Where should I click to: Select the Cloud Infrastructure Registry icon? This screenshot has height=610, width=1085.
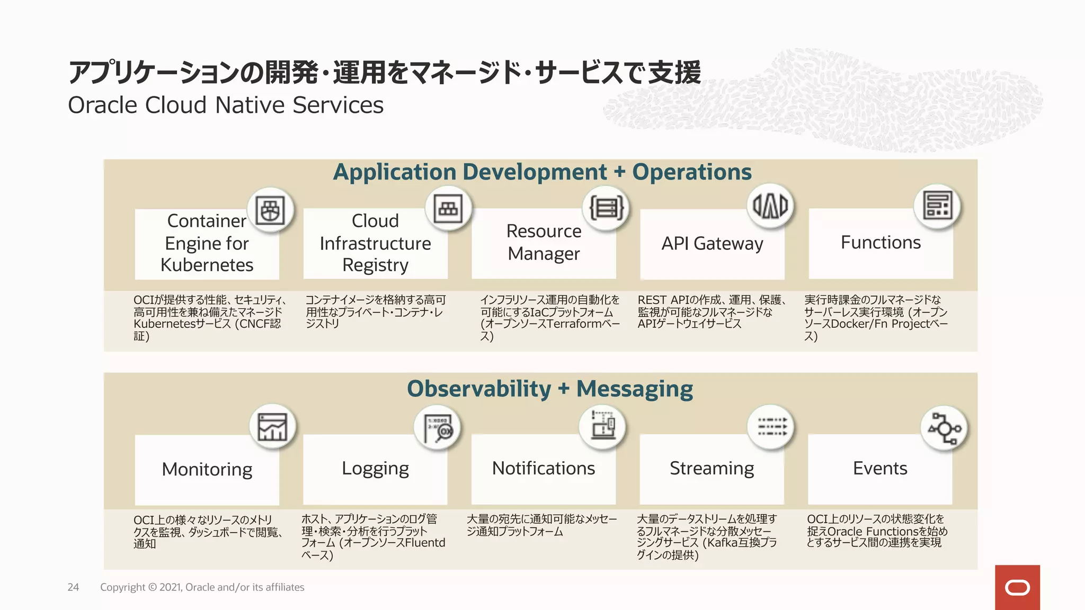pos(448,208)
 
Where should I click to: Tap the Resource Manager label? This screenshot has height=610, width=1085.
pos(544,243)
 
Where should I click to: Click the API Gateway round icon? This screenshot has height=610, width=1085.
pos(770,205)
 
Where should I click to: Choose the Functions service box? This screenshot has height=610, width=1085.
pos(881,243)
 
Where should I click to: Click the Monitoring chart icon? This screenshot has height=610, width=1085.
pos(272,427)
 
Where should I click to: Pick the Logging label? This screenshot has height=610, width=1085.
pos(375,469)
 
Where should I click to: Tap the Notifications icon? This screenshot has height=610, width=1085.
pos(603,427)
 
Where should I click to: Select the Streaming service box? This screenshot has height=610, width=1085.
pos(712,469)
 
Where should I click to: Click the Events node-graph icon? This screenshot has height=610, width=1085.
pos(945,428)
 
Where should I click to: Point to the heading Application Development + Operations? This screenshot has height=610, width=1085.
pos(542,172)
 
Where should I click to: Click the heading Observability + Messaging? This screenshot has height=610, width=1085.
pos(549,389)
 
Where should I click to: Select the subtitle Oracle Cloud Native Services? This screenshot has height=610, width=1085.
pos(226,105)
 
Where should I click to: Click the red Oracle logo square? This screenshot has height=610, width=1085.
pos(1017,587)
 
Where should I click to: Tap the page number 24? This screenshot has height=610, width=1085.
pos(73,587)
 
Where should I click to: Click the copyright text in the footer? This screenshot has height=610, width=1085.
pos(202,587)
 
